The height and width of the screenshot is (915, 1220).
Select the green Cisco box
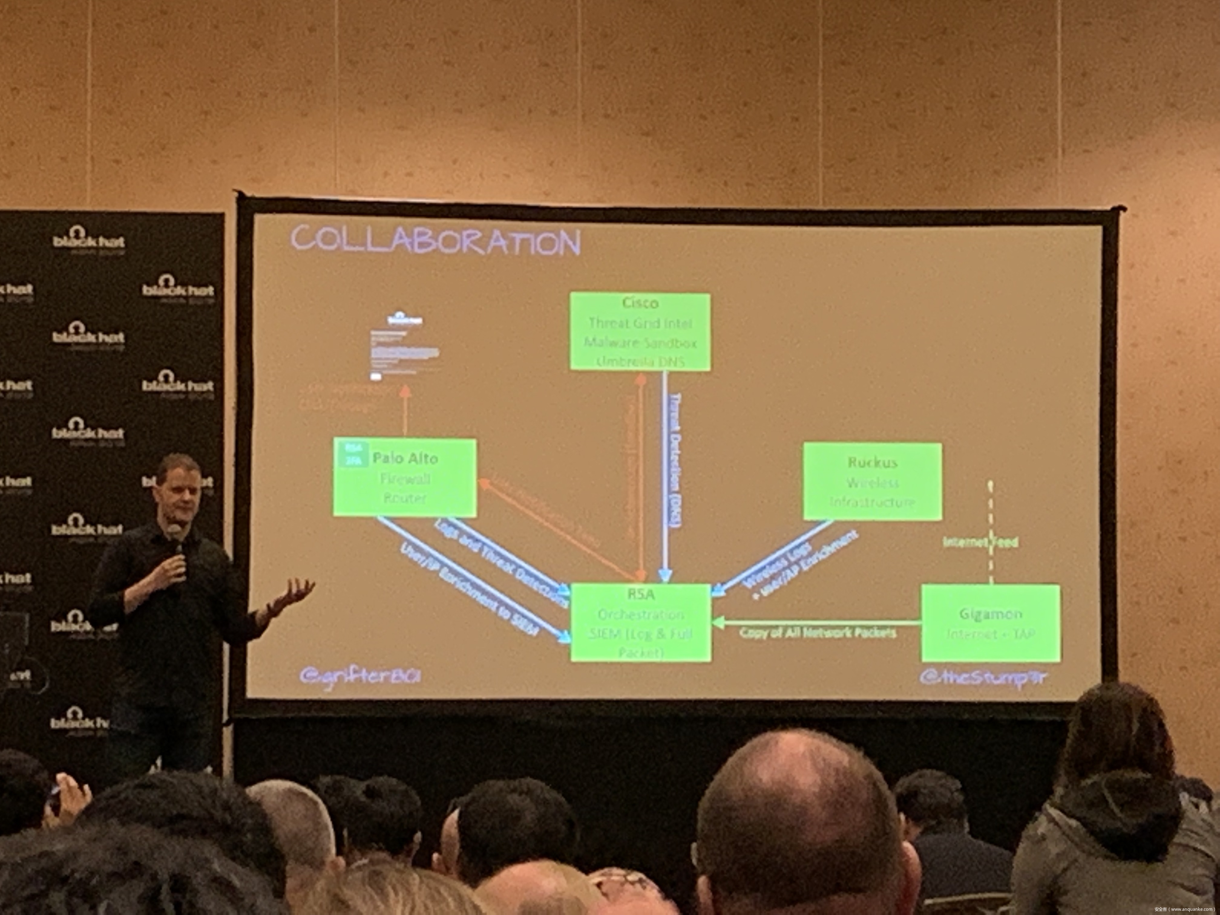[x=640, y=331]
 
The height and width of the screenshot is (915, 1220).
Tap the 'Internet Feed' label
[x=980, y=542]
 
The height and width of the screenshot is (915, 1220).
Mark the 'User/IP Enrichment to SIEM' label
[x=469, y=590]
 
